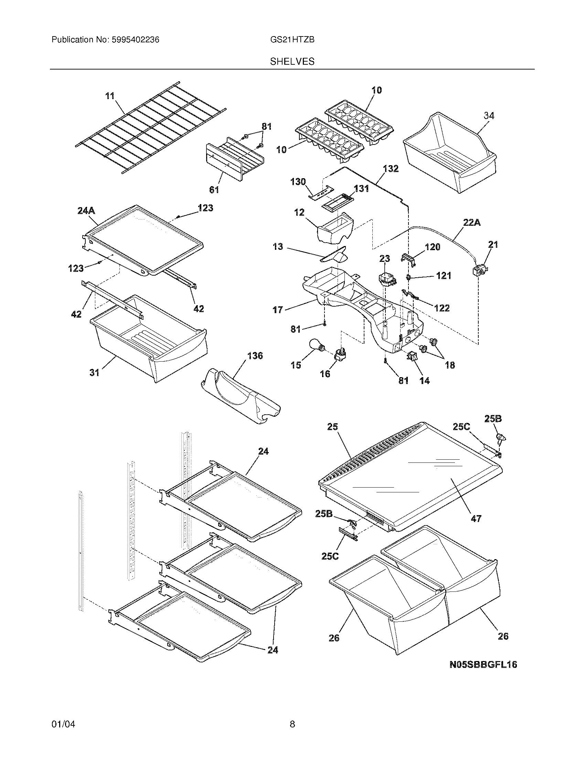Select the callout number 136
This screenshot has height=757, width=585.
255,356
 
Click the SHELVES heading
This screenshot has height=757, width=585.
292,62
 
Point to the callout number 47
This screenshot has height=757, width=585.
476,528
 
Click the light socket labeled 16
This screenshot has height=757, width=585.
340,354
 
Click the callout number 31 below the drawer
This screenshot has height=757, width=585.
95,372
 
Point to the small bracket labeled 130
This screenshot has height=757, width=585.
321,194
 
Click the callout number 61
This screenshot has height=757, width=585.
214,190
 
